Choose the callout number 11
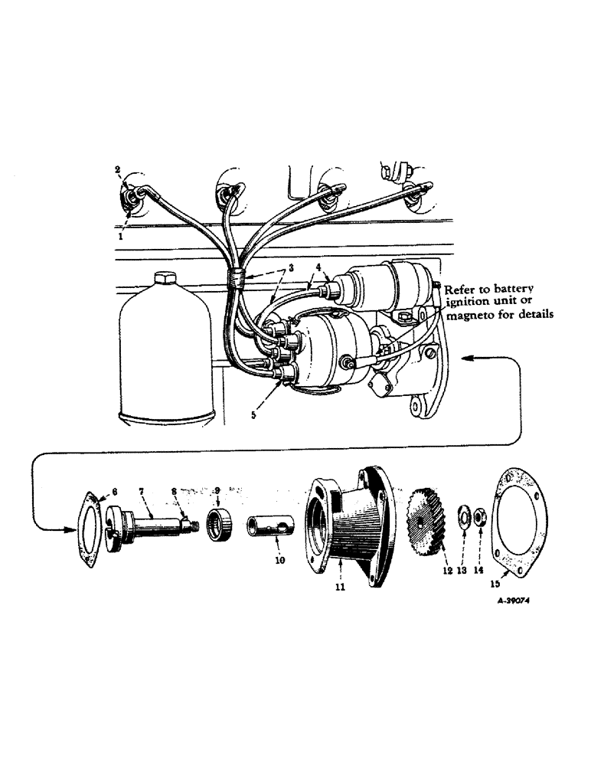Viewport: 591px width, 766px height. (339, 587)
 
